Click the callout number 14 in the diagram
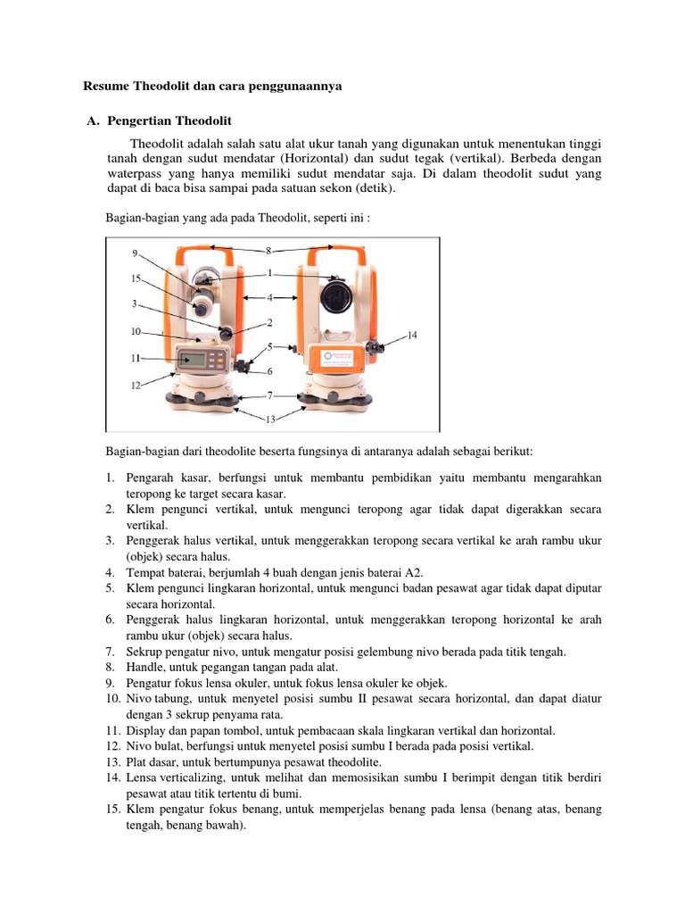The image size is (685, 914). tap(412, 336)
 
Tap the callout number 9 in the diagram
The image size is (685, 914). tap(136, 253)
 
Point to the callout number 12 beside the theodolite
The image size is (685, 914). tap(136, 386)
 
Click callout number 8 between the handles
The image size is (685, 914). tap(268, 251)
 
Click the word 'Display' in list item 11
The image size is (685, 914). tap(146, 729)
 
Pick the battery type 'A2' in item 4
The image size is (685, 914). tap(416, 572)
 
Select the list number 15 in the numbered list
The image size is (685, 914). tap(112, 810)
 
